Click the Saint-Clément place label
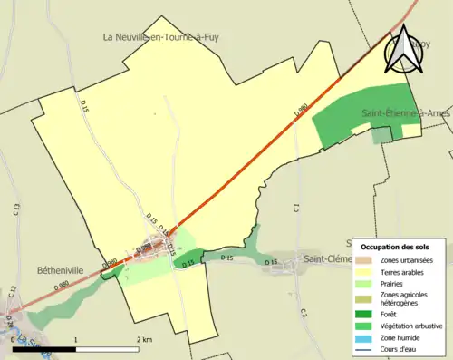[x=327, y=258]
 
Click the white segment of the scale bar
[x=107, y=348]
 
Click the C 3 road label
[x=304, y=313]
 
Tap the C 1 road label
[x=296, y=209]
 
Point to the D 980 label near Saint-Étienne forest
[x=302, y=112]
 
